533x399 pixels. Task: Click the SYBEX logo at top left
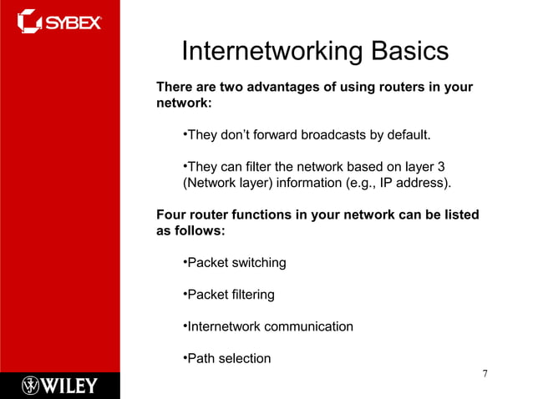[59, 21]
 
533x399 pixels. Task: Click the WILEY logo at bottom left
[59, 386]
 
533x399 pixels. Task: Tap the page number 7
[485, 372]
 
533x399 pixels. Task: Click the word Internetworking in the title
[270, 52]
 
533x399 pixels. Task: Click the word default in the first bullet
[409, 135]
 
